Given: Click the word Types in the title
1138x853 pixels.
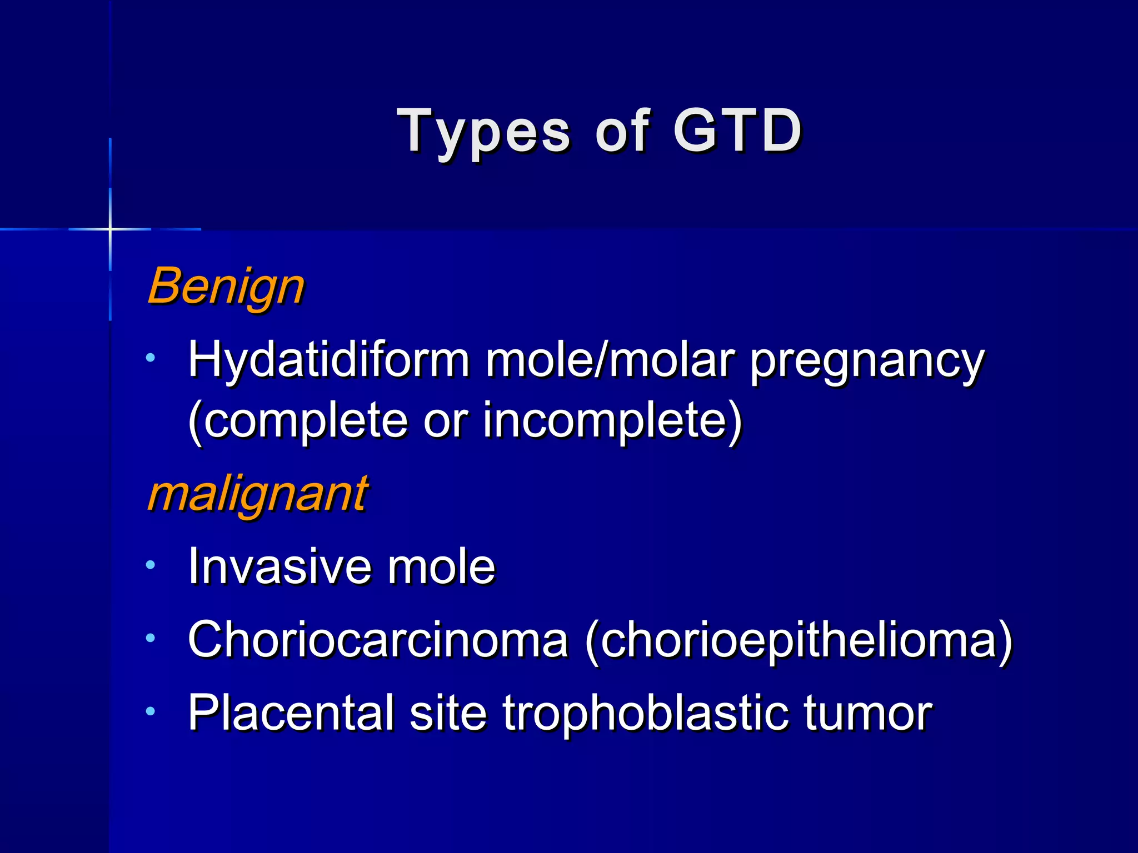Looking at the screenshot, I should [x=483, y=132].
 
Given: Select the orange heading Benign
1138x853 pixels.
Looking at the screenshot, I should [x=226, y=287].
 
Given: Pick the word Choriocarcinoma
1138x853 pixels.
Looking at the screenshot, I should [x=378, y=639].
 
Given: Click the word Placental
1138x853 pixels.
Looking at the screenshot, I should [x=291, y=712].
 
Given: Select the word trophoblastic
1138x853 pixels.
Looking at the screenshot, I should [x=645, y=714].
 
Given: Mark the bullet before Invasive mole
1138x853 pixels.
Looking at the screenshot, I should [x=150, y=565].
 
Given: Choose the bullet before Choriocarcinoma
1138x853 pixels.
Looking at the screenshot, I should [x=150, y=638].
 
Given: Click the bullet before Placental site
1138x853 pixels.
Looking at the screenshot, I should [x=150, y=711].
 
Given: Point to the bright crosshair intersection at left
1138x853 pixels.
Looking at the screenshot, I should [x=110, y=229].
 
